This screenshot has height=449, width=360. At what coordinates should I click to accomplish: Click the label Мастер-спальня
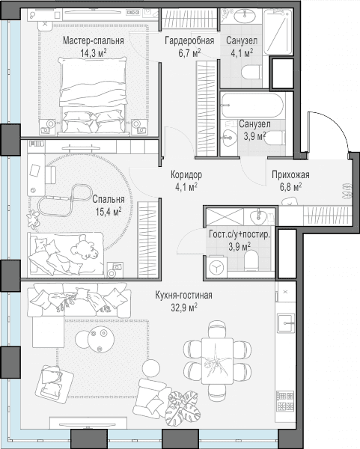tap(94, 40)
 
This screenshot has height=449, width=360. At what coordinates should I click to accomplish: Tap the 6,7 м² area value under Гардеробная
tap(189, 53)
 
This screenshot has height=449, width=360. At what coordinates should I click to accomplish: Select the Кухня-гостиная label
tap(183, 295)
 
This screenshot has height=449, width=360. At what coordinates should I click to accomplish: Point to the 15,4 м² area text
tap(109, 212)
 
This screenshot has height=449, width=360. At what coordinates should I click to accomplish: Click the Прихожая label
tap(290, 174)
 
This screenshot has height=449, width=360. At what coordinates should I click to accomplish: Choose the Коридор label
tap(186, 174)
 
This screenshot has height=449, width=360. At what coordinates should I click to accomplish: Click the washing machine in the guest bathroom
tap(217, 267)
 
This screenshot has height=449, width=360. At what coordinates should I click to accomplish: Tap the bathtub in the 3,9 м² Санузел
tap(253, 105)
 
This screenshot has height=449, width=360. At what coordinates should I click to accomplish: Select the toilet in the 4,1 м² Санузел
tap(251, 72)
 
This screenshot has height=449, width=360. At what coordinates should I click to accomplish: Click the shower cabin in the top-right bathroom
tap(278, 32)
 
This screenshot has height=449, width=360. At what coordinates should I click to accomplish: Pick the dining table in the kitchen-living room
tap(217, 361)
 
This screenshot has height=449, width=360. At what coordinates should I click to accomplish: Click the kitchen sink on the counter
tap(286, 323)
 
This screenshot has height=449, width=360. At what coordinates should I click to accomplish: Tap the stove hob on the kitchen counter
tap(286, 401)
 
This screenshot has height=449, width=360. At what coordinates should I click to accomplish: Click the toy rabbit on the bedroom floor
tap(32, 219)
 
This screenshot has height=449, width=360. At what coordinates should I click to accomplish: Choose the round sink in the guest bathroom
tap(257, 217)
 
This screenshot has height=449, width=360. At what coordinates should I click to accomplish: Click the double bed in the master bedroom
tap(93, 96)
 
